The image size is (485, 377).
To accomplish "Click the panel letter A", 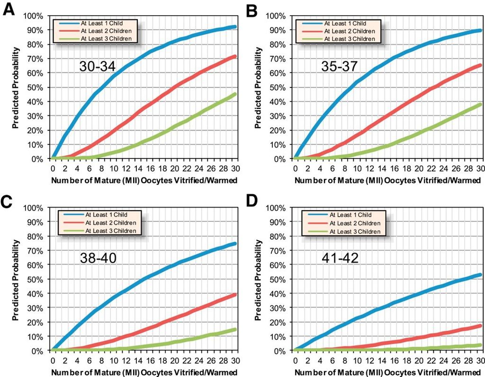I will click(9, 10).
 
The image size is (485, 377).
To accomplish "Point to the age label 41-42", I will click(339, 259).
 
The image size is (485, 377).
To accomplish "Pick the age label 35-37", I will click(339, 67).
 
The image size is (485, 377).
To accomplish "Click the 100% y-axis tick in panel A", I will click(36, 16).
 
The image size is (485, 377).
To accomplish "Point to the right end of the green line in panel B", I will click(479, 104).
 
